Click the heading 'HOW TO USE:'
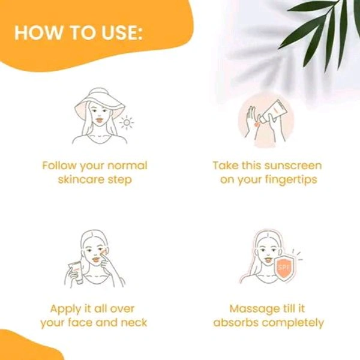(x=78, y=32)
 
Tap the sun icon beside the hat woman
(x=127, y=123)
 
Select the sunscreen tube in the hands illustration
(x=277, y=109)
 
